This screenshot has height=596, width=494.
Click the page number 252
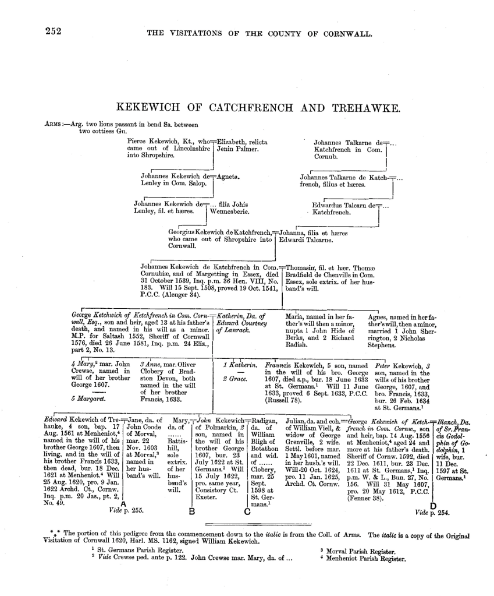click(54, 32)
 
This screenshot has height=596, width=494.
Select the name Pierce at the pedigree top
click(137, 142)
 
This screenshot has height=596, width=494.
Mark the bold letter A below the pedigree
click(123, 503)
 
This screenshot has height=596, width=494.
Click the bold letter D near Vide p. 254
click(433, 505)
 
